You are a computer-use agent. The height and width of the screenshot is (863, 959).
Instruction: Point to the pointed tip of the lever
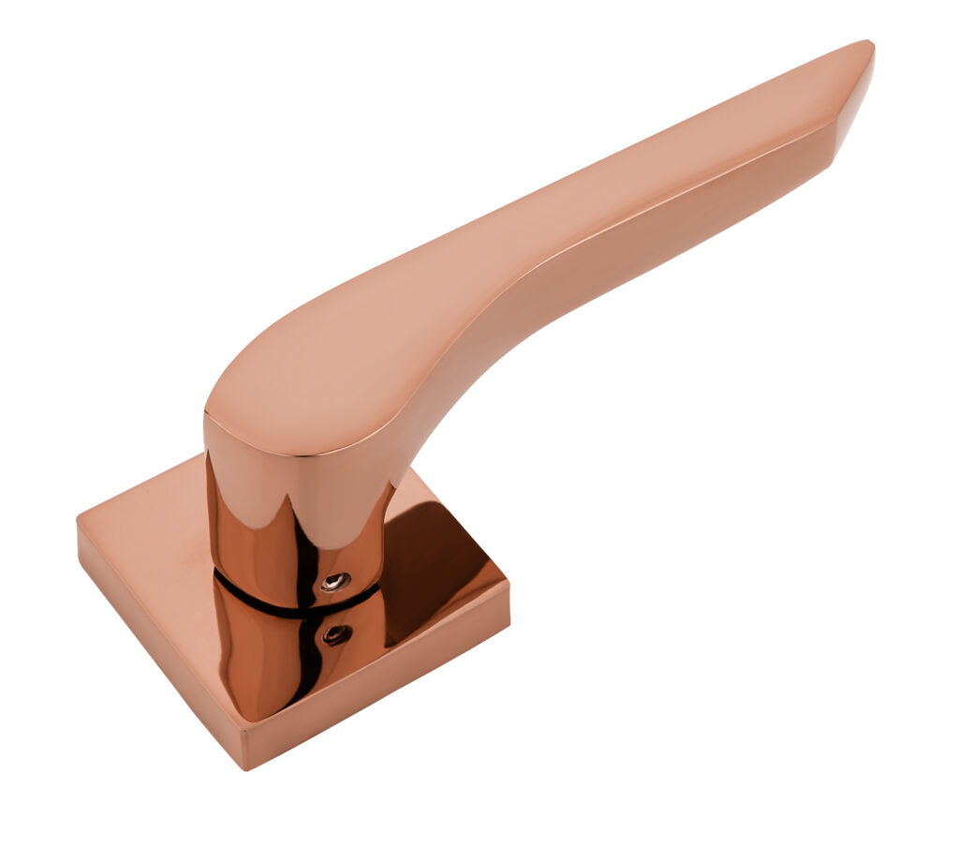[x=868, y=44]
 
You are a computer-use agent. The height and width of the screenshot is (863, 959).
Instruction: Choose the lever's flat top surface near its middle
[x=524, y=234]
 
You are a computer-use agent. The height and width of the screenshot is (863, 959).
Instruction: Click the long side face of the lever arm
[x=656, y=225]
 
